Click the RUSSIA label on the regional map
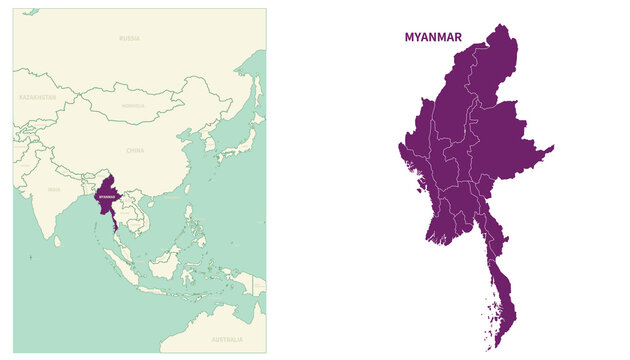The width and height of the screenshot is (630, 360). (129, 38)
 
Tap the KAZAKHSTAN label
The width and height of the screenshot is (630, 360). (38, 98)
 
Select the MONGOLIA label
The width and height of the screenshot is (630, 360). (133, 105)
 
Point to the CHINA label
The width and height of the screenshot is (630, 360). (135, 150)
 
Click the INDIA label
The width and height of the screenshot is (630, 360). (54, 189)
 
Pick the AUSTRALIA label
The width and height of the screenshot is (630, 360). (227, 340)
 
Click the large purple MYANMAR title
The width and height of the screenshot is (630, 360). (433, 37)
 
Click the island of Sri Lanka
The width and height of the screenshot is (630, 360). (60, 241)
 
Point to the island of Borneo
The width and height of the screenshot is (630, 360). (168, 264)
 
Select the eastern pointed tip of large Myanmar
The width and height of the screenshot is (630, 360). (552, 148)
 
